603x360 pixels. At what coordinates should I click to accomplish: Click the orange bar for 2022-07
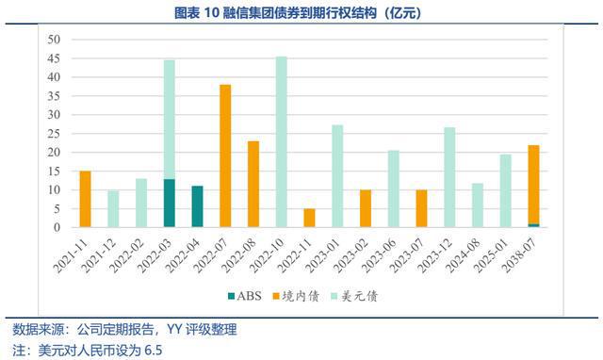pyautogui.click(x=225, y=155)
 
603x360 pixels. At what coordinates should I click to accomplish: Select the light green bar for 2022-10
pyautogui.click(x=282, y=142)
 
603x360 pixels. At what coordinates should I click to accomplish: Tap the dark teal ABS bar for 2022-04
pyautogui.click(x=197, y=206)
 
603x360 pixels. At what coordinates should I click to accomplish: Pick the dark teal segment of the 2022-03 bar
pyautogui.click(x=170, y=203)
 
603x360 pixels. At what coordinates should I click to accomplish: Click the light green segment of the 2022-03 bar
pyautogui.click(x=170, y=120)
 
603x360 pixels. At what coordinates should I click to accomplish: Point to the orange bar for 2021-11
pyautogui.click(x=85, y=199)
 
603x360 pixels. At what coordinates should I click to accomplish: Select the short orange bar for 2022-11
pyautogui.click(x=310, y=218)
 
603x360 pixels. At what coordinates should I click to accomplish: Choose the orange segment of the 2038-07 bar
pyautogui.click(x=534, y=185)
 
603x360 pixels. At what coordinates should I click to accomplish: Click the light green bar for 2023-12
pyautogui.click(x=449, y=177)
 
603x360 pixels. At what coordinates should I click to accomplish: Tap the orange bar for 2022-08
pyautogui.click(x=253, y=184)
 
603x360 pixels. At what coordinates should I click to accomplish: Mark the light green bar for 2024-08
pyautogui.click(x=478, y=205)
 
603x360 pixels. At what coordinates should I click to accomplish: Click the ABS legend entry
pyautogui.click(x=245, y=296)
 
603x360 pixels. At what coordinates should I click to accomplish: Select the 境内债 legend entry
pyautogui.click(x=296, y=296)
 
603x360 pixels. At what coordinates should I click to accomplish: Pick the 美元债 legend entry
pyautogui.click(x=354, y=296)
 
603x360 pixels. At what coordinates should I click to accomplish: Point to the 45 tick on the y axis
pyautogui.click(x=54, y=58)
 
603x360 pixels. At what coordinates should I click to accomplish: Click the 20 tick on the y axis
pyautogui.click(x=54, y=153)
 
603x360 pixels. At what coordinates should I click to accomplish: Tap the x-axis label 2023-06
pyautogui.click(x=381, y=254)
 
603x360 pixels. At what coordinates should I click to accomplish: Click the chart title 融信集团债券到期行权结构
pyautogui.click(x=300, y=13)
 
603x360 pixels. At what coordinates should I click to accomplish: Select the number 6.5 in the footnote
pyautogui.click(x=153, y=351)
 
